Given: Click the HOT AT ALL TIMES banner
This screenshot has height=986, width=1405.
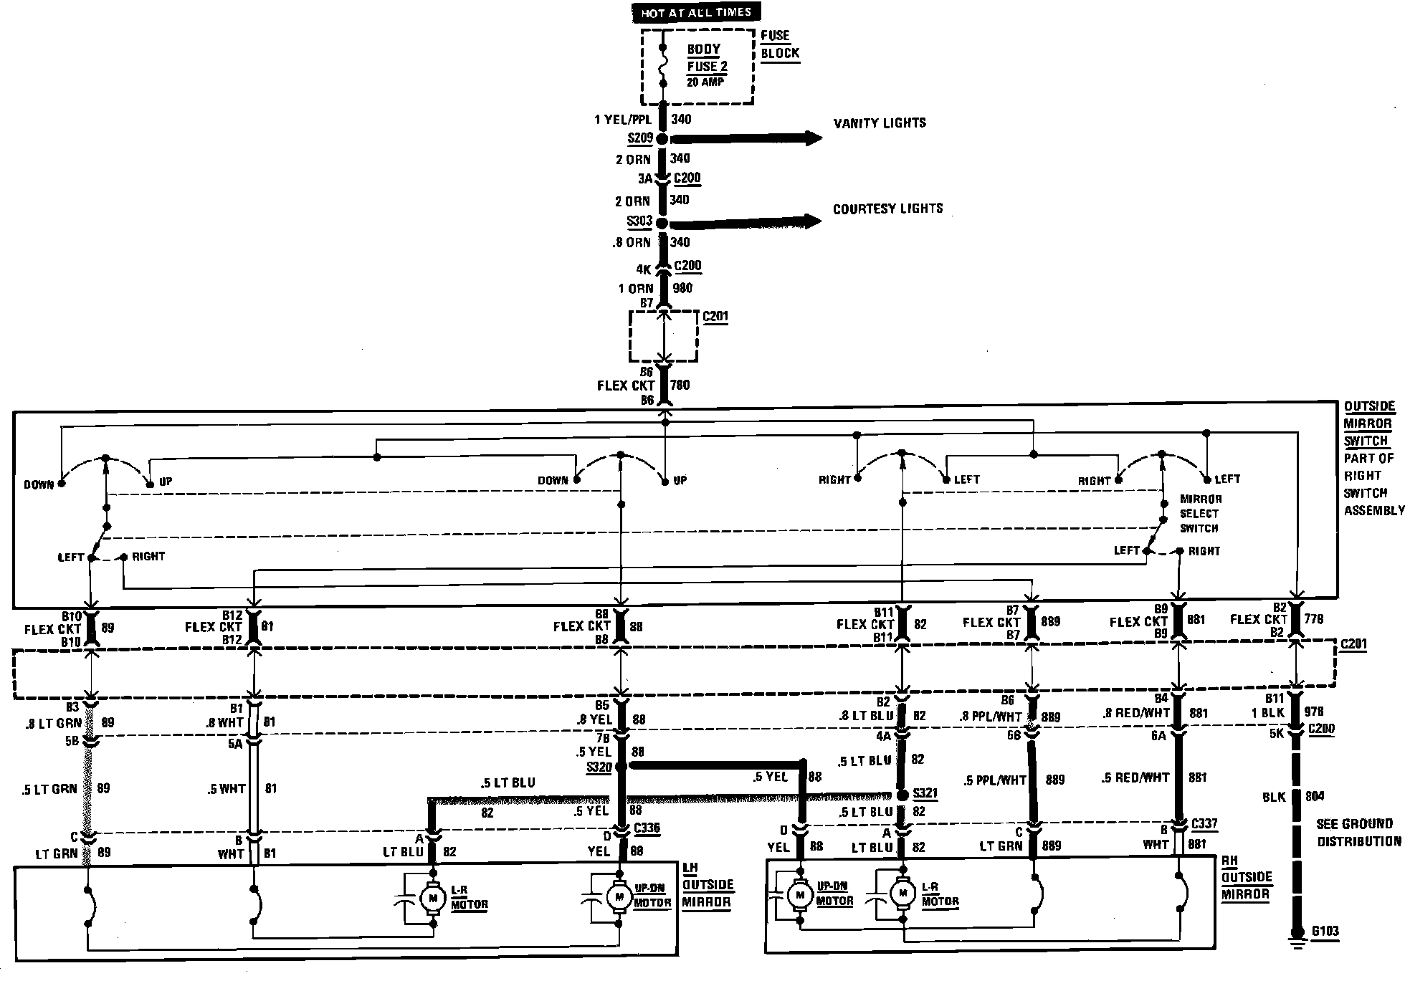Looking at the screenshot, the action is tap(695, 12).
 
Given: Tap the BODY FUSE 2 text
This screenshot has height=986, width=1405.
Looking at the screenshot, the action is tap(706, 58).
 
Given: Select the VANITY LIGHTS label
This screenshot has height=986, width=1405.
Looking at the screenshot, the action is tap(880, 123).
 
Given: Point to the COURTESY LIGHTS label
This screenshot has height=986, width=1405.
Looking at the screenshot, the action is tap(887, 209).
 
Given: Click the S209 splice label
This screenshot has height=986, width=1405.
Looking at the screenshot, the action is tap(640, 138).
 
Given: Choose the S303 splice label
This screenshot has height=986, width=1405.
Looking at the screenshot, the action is tap(639, 221).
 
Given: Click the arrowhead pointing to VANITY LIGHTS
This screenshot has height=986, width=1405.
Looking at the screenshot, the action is tap(813, 138).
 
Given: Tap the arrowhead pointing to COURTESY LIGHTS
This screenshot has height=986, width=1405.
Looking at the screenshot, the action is tap(812, 221).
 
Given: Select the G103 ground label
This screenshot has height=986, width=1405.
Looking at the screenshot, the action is tap(1325, 932).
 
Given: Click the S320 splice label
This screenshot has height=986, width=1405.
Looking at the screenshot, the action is tap(599, 767).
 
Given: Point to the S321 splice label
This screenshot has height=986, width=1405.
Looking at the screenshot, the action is tap(925, 794).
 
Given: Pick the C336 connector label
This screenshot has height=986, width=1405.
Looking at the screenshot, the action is tap(647, 828).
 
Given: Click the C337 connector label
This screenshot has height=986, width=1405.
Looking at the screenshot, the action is tap(1204, 824).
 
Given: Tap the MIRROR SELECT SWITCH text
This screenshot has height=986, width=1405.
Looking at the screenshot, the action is tap(1201, 514).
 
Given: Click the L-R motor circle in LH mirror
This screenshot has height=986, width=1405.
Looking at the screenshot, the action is tap(432, 898).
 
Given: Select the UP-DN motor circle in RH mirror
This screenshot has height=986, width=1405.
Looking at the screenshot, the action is tap(799, 894).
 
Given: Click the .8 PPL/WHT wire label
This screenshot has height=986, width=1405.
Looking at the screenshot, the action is tap(990, 715).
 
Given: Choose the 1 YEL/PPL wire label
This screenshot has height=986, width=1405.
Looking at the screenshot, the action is tap(622, 120).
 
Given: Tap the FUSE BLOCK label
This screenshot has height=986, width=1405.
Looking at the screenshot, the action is tap(779, 44).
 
